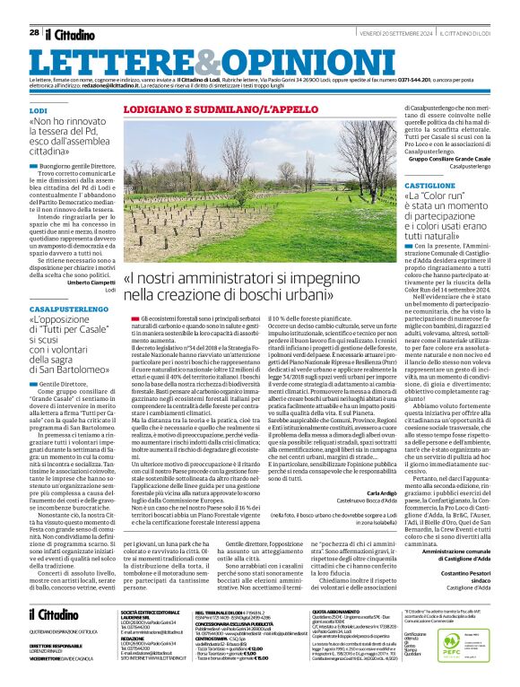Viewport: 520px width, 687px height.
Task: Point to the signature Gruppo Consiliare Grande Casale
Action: [446, 158]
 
